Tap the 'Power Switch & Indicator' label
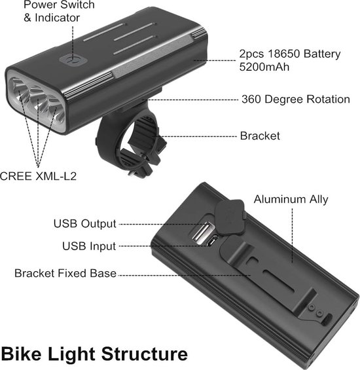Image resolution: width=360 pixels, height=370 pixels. pos(59,11)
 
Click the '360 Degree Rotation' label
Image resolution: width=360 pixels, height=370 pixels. pos(295,100)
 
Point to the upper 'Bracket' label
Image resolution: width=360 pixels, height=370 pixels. pos(260,136)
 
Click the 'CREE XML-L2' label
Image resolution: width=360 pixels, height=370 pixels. pos(34,176)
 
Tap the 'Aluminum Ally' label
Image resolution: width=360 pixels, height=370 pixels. pos(291,199)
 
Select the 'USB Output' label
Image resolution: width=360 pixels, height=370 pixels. pos(84,224)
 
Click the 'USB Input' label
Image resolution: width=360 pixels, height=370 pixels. pos(89,246)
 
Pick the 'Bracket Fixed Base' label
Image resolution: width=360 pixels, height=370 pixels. pos(65,273)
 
